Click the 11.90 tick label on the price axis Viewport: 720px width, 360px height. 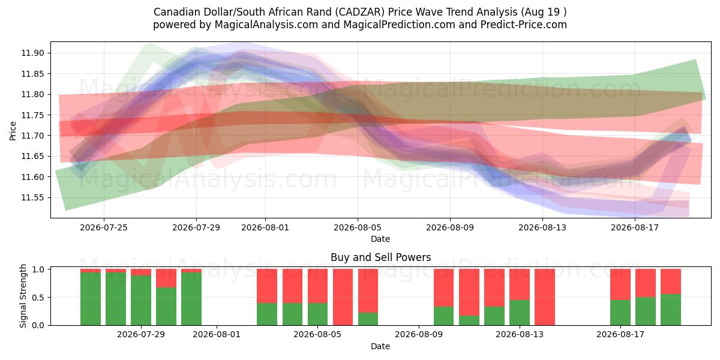click(32, 53)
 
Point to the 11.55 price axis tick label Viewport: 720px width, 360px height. click(32, 197)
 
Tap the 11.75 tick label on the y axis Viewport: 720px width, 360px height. click(32, 115)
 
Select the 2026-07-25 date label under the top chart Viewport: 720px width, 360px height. click(103, 227)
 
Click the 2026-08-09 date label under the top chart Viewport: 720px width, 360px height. click(450, 227)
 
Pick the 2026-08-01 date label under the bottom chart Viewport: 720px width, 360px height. click(217, 335)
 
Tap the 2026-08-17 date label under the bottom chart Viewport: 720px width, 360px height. click(620, 335)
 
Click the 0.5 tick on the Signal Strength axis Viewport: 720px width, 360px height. click(38, 298)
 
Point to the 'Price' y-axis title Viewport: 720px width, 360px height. click(13, 131)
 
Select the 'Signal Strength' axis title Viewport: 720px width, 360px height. click(23, 296)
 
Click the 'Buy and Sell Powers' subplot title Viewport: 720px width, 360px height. click(380, 257)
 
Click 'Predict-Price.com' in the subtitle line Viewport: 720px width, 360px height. click(524, 25)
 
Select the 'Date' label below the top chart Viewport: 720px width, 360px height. click(380, 239)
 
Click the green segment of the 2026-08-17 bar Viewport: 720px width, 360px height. click(620, 313)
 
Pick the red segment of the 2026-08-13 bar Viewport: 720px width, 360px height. click(520, 284)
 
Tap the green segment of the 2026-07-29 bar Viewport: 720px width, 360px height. click(141, 300)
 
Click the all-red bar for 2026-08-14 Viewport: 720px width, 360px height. click(545, 297)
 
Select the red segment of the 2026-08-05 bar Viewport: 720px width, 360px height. click(317, 286)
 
